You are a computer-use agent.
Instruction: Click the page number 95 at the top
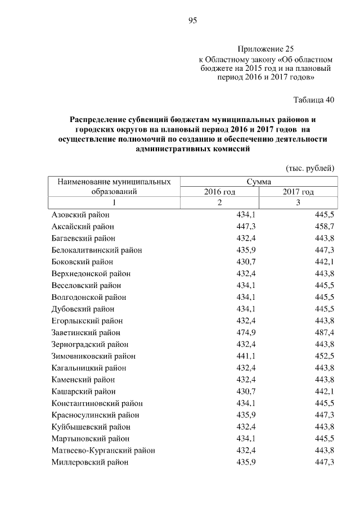(192, 21)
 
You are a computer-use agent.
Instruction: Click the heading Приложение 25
(265, 49)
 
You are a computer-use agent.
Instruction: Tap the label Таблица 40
(314, 100)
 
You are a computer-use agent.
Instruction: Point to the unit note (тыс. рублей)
(310, 168)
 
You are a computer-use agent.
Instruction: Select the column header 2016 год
(219, 192)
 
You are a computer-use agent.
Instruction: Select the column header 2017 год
(298, 192)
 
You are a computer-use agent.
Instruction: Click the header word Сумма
(259, 182)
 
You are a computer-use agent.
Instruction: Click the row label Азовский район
(80, 215)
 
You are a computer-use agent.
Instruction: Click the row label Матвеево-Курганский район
(103, 450)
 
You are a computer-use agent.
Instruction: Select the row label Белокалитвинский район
(96, 250)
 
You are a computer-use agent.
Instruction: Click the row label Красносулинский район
(95, 415)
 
